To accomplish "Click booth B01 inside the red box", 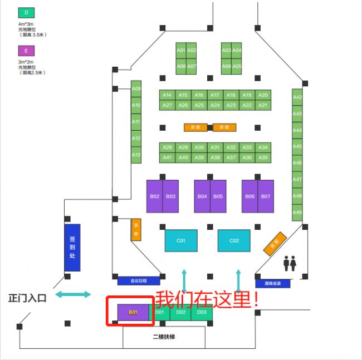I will tap(134, 313).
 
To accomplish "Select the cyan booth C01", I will tap(181, 240).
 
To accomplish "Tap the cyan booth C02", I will tap(234, 240).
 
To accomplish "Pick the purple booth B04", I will tap(202, 196).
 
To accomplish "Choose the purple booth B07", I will tap(266, 196).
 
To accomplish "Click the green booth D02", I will tap(180, 313).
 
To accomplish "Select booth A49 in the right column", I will tap(297, 213).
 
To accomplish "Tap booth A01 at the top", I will tap(180, 50).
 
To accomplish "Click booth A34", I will tap(263, 147).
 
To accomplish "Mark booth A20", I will tap(263, 95).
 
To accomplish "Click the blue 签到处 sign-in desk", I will tap(72, 248).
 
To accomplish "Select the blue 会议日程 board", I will tap(139, 281).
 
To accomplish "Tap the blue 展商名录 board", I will tap(273, 283).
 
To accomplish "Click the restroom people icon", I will tap(290, 263).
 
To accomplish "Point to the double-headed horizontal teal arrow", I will tap(72, 294).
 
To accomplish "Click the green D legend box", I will tap(26, 13).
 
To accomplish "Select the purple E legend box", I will tap(26, 51).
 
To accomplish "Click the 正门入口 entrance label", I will tap(27, 298).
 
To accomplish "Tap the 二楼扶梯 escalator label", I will tap(165, 337).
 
